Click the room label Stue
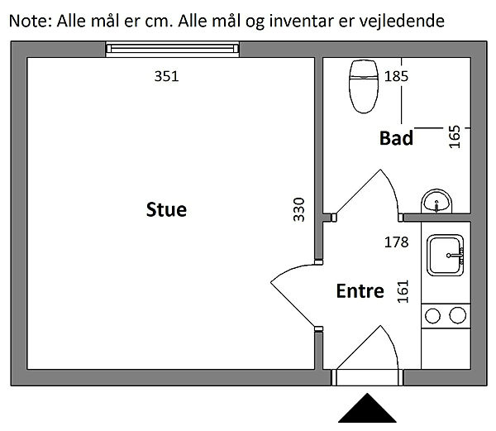coord(166,209)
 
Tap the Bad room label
coord(396,138)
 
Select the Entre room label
coord(360,291)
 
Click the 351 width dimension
coord(166,76)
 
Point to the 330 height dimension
coord(299,211)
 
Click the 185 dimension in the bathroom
coord(397,76)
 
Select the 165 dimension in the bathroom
coord(454,135)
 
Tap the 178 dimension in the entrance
coord(398,242)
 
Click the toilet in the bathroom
coord(363,85)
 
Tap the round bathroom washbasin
coord(436,201)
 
